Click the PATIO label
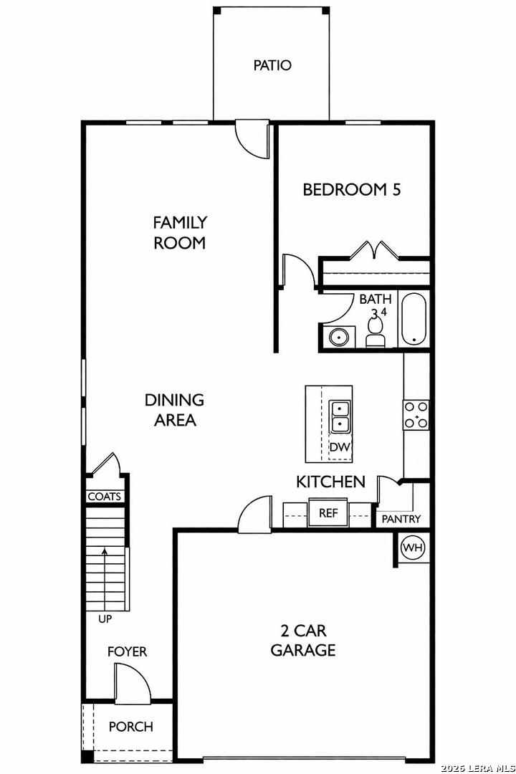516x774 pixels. pyautogui.click(x=272, y=65)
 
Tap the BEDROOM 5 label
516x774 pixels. pyautogui.click(x=352, y=189)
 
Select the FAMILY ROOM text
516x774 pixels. pyautogui.click(x=180, y=232)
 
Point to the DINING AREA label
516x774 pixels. pyautogui.click(x=175, y=410)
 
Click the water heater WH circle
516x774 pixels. pyautogui.click(x=413, y=548)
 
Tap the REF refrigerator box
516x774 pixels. pyautogui.click(x=328, y=513)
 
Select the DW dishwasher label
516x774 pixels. pyautogui.click(x=340, y=448)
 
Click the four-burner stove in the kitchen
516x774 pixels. pyautogui.click(x=416, y=415)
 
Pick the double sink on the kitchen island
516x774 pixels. pyautogui.click(x=340, y=416)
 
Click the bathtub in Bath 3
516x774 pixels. pyautogui.click(x=414, y=320)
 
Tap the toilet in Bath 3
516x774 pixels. pyautogui.click(x=376, y=333)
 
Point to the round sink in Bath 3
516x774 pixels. pyautogui.click(x=339, y=338)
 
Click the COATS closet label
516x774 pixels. pyautogui.click(x=104, y=497)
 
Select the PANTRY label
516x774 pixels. pyautogui.click(x=401, y=520)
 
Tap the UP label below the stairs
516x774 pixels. pyautogui.click(x=105, y=618)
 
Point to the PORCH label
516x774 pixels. pyautogui.click(x=131, y=727)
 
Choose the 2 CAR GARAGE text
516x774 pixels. pyautogui.click(x=303, y=640)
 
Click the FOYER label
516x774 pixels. pyautogui.click(x=128, y=651)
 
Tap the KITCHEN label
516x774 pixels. pyautogui.click(x=331, y=482)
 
